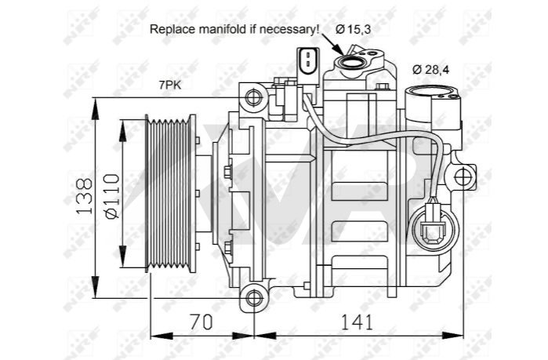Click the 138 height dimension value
tap(84, 196)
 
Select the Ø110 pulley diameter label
tap(113, 196)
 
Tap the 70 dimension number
tap(201, 322)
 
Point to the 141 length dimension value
tap(357, 322)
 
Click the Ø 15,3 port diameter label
tap(353, 29)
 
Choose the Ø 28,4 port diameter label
tap(430, 70)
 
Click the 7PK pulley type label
tap(170, 85)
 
